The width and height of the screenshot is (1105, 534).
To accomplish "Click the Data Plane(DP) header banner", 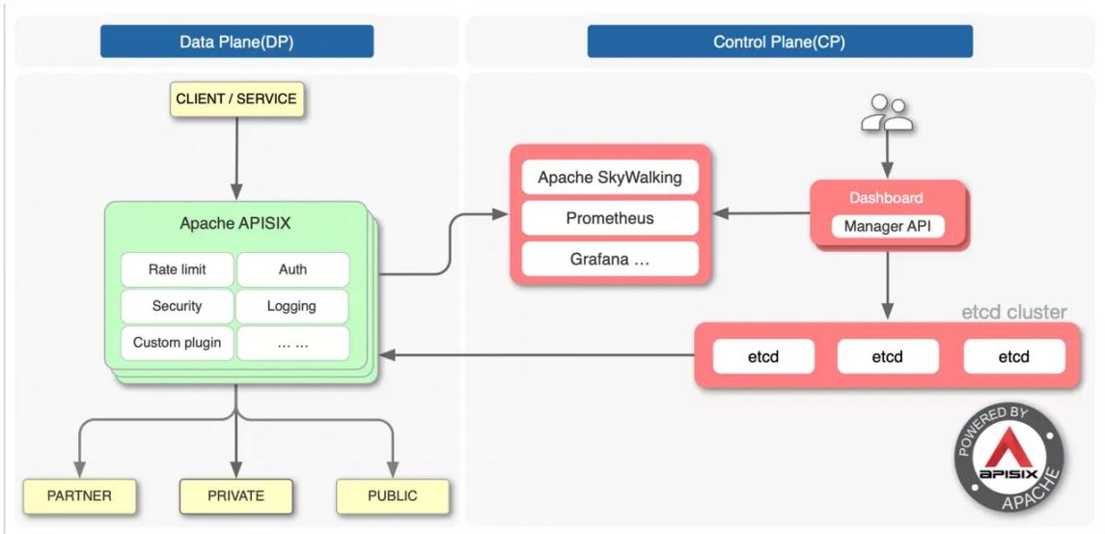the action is coord(236,42).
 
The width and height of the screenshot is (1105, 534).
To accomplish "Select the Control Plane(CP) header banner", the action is coord(780,42).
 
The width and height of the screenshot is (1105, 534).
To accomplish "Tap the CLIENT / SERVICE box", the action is coord(236,98).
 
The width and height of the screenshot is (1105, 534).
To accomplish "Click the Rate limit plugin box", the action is coord(177,269).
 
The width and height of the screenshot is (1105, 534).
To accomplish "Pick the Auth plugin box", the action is coord(292,269).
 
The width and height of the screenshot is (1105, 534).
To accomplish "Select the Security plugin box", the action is coord(177,306).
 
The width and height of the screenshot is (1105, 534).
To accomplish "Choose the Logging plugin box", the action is coord(292,306).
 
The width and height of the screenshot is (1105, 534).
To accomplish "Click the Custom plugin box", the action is coord(177,344).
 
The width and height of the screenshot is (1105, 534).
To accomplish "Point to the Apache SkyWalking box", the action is coord(610,177).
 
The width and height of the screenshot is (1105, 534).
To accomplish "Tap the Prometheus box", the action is coord(610,218).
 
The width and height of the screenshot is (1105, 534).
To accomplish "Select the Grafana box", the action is coord(610,259).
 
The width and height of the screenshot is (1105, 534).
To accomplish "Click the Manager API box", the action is coord(887,226).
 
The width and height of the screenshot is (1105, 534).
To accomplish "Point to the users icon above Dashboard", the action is coord(887,113).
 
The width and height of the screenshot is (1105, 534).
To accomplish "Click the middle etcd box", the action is coord(887,356).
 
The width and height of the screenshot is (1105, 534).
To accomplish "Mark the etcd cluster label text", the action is coord(1013,312).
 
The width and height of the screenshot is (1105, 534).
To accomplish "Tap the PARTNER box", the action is coord(80,496).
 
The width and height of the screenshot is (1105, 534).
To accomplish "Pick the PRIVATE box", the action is coord(236,496).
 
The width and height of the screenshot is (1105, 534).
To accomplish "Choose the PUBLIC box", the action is coord(393,496).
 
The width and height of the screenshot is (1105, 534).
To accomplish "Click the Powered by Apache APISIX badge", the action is coord(1009,459).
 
